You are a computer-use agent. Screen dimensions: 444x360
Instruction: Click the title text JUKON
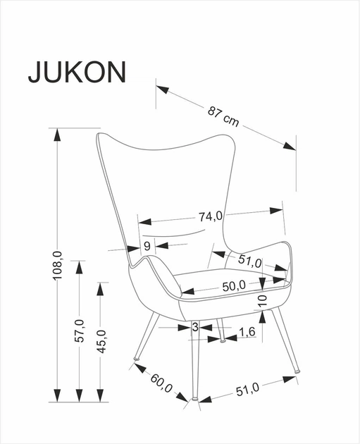(77, 71)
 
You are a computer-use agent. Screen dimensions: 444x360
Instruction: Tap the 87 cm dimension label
(223, 116)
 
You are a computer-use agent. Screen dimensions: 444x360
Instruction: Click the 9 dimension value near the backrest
(147, 245)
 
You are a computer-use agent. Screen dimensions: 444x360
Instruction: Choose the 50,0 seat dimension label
(233, 285)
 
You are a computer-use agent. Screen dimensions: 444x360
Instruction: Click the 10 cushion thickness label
(261, 300)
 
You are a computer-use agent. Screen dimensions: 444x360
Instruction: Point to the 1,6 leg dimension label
(247, 332)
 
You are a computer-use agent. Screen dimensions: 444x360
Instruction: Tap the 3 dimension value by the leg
(195, 327)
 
